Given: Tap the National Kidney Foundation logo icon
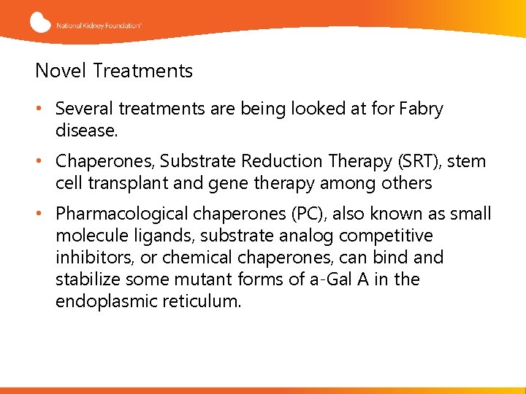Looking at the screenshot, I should click(x=41, y=22).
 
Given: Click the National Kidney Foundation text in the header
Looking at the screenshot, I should click(x=99, y=25).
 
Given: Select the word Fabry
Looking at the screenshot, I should click(x=421, y=109).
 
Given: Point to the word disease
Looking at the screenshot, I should click(x=85, y=131).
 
